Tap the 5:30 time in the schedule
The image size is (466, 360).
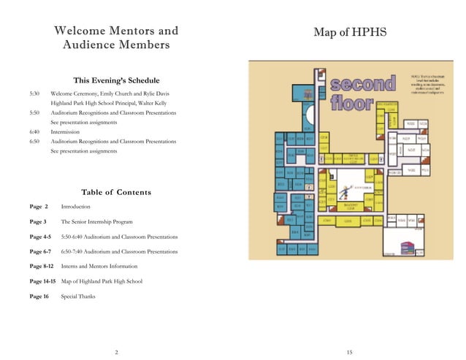[x=34, y=93]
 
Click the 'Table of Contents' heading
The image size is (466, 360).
[x=116, y=192]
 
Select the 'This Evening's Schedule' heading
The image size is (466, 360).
[x=116, y=80]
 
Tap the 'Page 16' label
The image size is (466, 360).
[x=39, y=296]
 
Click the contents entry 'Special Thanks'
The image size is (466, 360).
[x=78, y=296]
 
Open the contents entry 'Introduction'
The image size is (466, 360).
[x=76, y=207]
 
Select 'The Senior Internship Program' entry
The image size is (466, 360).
[x=97, y=221]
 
